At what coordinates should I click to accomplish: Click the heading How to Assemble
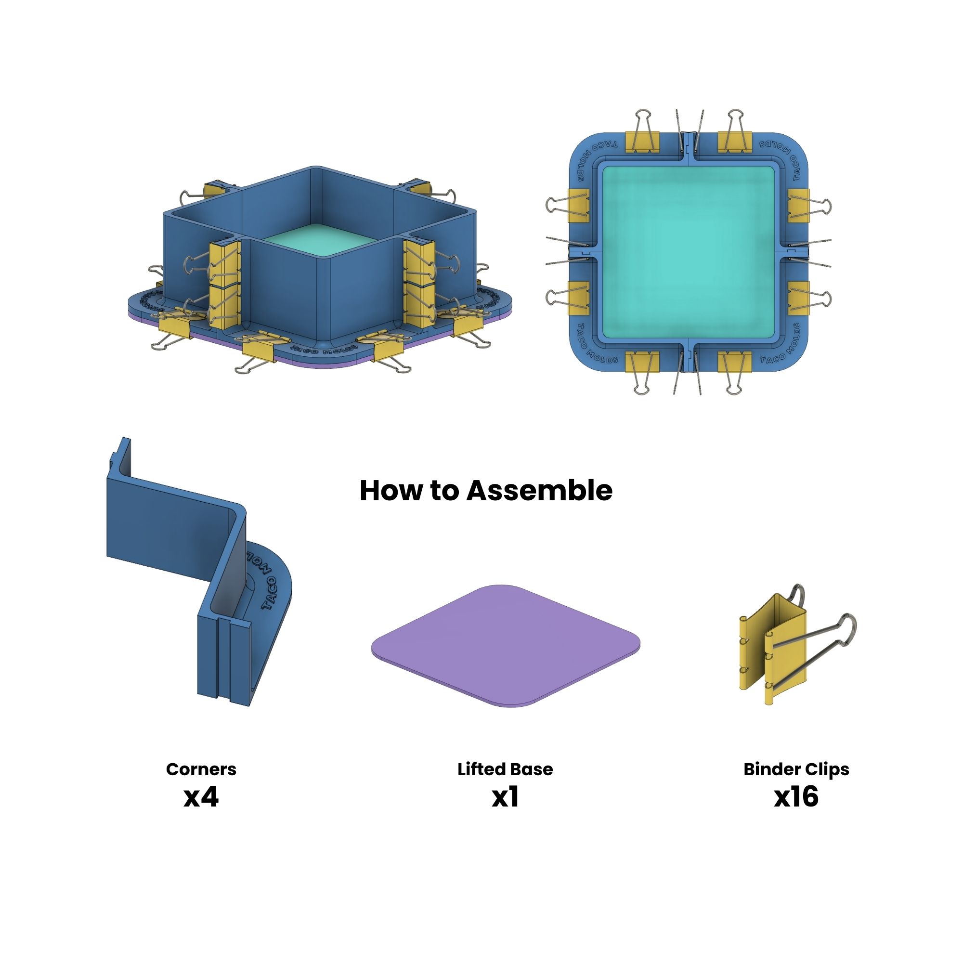point(486,491)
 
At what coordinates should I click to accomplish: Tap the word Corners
point(201,769)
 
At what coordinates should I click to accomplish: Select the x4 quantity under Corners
point(201,797)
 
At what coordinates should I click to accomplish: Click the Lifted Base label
point(505,769)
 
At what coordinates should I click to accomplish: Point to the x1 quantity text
point(505,797)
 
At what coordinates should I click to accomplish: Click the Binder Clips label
point(796,769)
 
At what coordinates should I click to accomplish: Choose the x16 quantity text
point(796,797)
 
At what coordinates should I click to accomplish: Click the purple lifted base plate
point(505,646)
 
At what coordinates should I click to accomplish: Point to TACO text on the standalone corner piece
point(269,593)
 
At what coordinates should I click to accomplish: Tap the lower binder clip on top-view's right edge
point(799,298)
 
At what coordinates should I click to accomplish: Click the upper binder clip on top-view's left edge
point(579,205)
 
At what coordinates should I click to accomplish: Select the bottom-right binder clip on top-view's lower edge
point(735,363)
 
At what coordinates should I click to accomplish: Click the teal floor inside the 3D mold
point(319,237)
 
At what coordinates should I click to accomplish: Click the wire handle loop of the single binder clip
point(847,623)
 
